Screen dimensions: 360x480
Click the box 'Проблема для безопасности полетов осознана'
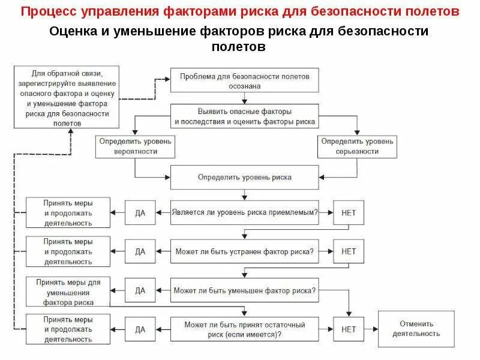(244, 80)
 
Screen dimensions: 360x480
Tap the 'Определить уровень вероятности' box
(135, 146)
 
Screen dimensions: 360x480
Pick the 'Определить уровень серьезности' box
(357, 146)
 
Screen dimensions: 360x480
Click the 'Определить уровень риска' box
(244, 178)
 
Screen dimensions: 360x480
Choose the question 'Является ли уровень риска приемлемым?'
(244, 212)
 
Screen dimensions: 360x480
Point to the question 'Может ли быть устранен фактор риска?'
(244, 251)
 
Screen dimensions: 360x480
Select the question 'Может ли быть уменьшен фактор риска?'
(244, 290)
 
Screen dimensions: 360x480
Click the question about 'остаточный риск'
(244, 329)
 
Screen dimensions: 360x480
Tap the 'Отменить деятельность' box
(416, 329)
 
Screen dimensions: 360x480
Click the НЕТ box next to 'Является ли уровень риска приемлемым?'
(349, 212)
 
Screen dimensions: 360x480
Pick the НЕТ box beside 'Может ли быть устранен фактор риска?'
(349, 251)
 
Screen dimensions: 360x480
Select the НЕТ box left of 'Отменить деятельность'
(349, 329)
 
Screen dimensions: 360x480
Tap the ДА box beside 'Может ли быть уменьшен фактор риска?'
(140, 290)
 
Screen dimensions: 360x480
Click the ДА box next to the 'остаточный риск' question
(140, 329)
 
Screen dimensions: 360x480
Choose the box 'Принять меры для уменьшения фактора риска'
(68, 292)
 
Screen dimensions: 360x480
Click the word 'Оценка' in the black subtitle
(73, 32)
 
